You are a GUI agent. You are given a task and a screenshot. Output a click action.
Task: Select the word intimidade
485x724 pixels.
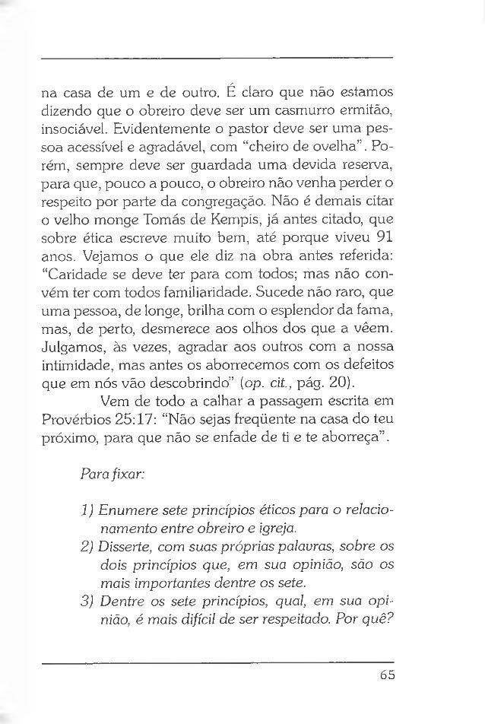point(76,363)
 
